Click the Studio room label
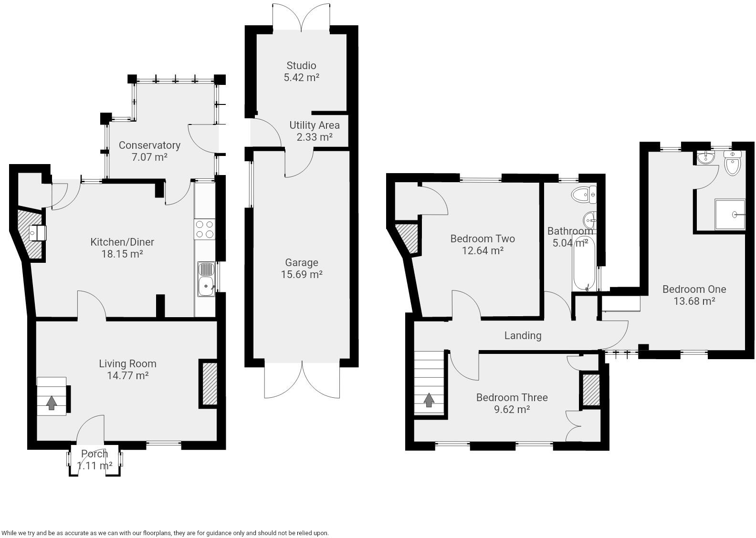tap(301, 66)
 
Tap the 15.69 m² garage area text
tap(302, 275)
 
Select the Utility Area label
tap(315, 125)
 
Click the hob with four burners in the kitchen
tap(205, 229)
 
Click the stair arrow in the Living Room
tap(52, 403)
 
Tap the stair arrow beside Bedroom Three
tap(429, 400)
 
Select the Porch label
tap(94, 454)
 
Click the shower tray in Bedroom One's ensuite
tap(730, 215)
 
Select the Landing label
tap(523, 336)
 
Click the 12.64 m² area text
tap(483, 251)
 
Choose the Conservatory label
tap(149, 145)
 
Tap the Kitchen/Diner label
tap(122, 242)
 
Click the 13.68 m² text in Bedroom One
tap(694, 301)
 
